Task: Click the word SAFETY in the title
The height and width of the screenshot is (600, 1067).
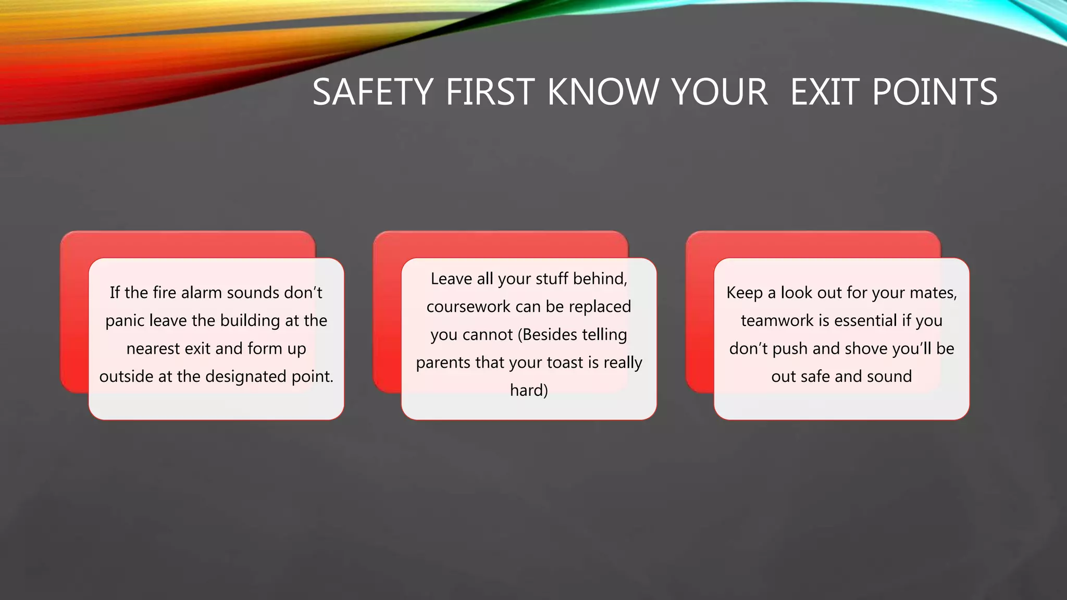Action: coord(373,92)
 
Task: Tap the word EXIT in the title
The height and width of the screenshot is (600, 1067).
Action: coord(825,92)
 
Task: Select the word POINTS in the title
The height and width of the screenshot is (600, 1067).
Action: coord(935,92)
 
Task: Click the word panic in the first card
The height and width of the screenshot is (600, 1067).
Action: coord(125,321)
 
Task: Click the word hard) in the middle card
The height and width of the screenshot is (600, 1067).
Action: coord(529,390)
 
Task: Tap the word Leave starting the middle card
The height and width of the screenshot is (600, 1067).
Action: coord(451,279)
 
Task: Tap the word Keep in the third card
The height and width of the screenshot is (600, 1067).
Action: coord(744,293)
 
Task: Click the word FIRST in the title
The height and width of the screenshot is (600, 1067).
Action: coord(490,92)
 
